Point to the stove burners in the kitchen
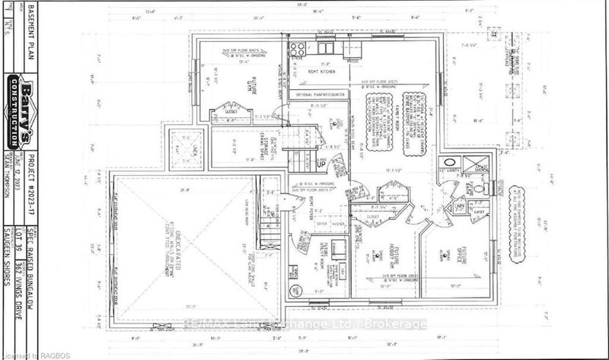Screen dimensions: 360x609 295,46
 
